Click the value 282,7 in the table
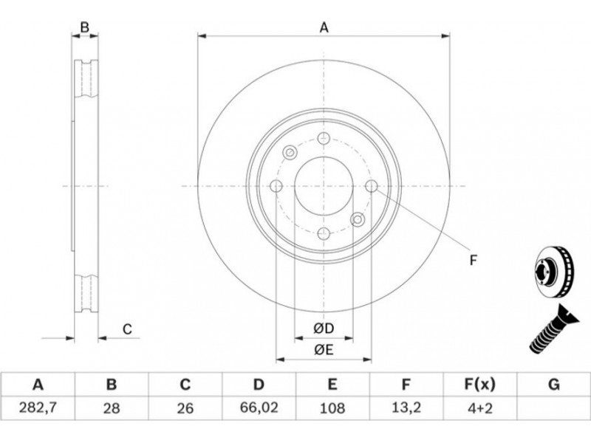coord(38,408)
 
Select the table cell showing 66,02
coord(259,408)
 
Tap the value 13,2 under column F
coord(406,408)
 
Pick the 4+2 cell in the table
coord(479,408)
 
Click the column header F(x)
coord(479,385)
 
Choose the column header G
coord(553,385)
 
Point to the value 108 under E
coord(332,408)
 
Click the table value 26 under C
coord(185,408)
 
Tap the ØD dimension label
coord(324,329)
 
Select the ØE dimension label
coord(324,350)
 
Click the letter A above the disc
coord(324,28)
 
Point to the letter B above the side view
coord(85,27)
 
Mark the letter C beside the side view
coord(127,329)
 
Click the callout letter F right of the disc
coord(474,261)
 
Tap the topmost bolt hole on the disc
coord(324,138)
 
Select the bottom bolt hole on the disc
coord(324,233)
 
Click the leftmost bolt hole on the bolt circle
coord(276,186)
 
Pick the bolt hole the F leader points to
coord(372,186)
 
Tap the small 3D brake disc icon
coord(553,271)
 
